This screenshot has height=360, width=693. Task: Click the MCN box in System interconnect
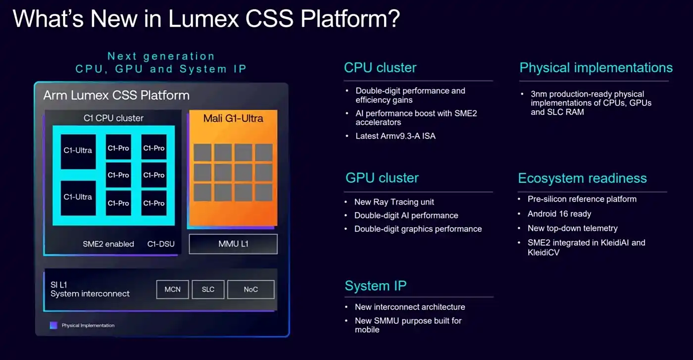click(172, 289)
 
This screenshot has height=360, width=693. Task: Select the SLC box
click(208, 289)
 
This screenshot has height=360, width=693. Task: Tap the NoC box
click(250, 289)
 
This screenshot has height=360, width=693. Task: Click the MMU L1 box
click(233, 244)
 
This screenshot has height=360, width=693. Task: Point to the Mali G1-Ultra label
click(233, 118)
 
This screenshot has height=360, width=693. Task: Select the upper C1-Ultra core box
click(78, 151)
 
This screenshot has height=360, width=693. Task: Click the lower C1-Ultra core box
click(78, 197)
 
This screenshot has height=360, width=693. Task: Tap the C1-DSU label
click(161, 244)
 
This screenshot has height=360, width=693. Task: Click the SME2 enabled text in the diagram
click(108, 244)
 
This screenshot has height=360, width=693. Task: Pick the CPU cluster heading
click(380, 68)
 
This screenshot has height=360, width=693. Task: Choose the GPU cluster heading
click(382, 178)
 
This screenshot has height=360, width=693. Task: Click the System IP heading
click(376, 286)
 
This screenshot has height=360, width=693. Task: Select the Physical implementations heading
click(596, 68)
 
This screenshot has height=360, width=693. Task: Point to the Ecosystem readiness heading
click(582, 178)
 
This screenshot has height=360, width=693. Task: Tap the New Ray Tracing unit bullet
click(394, 202)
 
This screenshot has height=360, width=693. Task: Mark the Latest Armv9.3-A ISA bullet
click(396, 136)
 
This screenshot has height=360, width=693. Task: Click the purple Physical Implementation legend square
click(53, 325)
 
